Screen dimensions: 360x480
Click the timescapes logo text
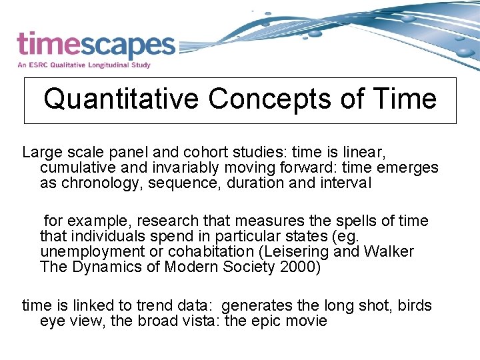click(95, 45)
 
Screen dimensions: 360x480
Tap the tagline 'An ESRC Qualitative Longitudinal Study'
click(84, 65)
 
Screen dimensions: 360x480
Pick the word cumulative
click(77, 167)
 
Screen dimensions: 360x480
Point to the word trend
click(154, 306)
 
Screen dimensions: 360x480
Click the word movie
click(307, 321)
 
